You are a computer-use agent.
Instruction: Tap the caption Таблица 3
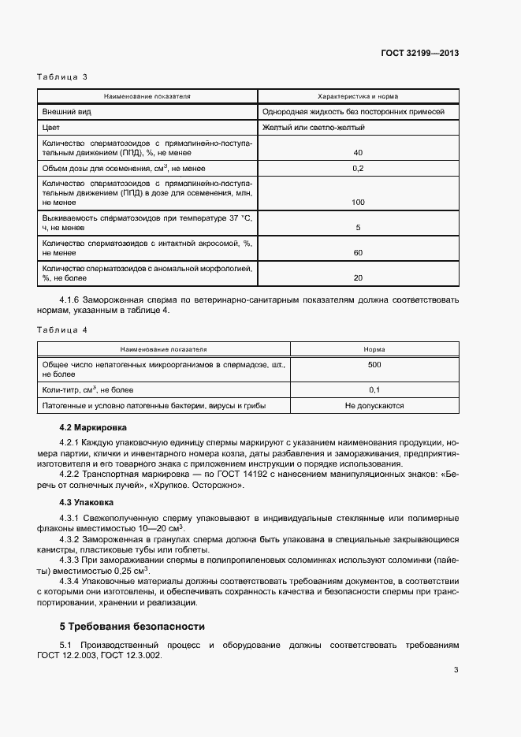(x=62, y=77)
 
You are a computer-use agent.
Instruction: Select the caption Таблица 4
(x=62, y=329)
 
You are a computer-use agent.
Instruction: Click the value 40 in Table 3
(x=358, y=152)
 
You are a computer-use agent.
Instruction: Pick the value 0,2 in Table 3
(x=358, y=169)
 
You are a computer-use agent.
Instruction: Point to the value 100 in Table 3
(x=358, y=203)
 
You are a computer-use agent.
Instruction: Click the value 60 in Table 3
(x=358, y=253)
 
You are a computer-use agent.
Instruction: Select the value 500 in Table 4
(x=374, y=365)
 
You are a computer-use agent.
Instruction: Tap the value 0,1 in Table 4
(x=374, y=389)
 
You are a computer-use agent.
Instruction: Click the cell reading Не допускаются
(x=374, y=406)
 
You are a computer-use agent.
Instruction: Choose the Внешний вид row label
(x=67, y=112)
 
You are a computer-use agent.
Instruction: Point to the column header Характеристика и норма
(x=357, y=96)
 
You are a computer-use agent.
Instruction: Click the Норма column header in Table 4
(x=374, y=348)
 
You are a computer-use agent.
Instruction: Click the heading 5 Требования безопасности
(x=132, y=627)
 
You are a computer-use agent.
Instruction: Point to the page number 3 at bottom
(x=456, y=670)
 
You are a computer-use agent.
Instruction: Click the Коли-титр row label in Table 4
(x=87, y=389)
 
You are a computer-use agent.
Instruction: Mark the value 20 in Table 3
(x=358, y=277)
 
